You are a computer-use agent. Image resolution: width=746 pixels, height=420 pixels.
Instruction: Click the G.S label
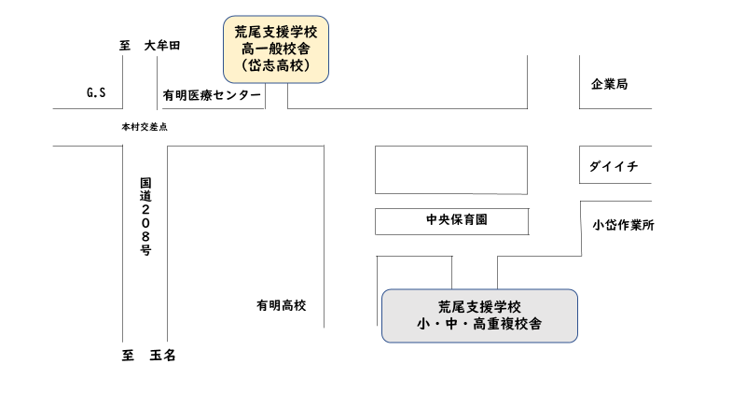click(x=96, y=93)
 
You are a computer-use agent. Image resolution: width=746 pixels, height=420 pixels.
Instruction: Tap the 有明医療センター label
click(x=212, y=95)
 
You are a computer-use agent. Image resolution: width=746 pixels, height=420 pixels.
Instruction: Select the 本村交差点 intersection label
click(x=144, y=127)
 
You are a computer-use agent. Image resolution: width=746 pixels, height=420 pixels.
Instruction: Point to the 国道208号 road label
click(x=145, y=216)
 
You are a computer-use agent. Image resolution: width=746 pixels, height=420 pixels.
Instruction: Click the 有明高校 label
click(x=282, y=305)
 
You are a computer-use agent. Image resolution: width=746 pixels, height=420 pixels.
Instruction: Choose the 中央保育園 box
click(x=451, y=221)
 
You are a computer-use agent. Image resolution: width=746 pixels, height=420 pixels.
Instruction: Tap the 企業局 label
click(x=609, y=85)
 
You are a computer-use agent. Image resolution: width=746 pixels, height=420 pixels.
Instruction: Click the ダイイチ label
click(x=613, y=166)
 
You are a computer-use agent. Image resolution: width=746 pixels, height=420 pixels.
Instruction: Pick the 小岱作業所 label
click(x=623, y=225)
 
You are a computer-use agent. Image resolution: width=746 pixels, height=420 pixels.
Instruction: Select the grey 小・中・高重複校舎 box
click(x=479, y=315)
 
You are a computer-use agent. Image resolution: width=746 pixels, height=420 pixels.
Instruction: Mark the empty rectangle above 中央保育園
click(x=450, y=169)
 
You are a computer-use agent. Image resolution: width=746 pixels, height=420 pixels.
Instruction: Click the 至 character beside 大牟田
click(x=126, y=46)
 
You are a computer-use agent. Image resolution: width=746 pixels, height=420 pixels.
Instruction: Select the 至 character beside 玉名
click(x=129, y=356)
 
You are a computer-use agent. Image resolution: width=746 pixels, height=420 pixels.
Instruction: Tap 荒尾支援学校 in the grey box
click(x=479, y=306)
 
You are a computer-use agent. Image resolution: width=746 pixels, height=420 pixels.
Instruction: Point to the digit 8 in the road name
click(x=145, y=237)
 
